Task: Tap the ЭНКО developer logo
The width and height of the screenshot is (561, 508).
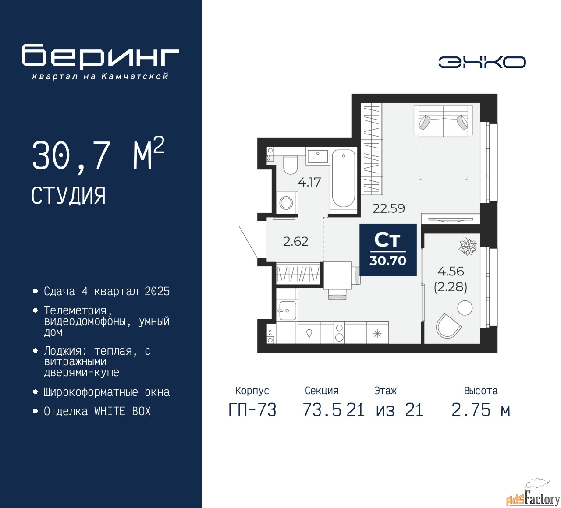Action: (x=482, y=62)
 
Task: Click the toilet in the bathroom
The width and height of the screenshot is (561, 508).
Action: (x=290, y=165)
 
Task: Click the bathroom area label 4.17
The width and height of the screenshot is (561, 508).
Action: (x=309, y=182)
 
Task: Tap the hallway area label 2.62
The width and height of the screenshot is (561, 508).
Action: (x=295, y=241)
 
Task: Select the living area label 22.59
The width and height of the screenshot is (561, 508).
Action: (x=388, y=208)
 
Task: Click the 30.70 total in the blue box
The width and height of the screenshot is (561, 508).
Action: (x=388, y=261)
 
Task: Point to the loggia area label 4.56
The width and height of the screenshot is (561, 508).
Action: (x=451, y=271)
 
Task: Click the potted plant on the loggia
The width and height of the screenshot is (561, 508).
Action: (x=467, y=246)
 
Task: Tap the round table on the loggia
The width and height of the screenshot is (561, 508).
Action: (x=465, y=308)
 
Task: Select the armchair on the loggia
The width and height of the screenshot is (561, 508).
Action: (x=448, y=326)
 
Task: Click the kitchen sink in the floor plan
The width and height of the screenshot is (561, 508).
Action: (x=288, y=310)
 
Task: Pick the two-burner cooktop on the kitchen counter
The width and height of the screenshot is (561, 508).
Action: (x=339, y=332)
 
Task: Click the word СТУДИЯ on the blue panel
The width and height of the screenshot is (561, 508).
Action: (x=68, y=196)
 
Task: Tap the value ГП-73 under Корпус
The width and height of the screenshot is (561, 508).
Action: (x=252, y=410)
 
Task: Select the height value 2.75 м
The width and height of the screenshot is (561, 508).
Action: (x=481, y=410)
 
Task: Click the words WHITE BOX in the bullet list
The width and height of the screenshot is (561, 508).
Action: (x=122, y=411)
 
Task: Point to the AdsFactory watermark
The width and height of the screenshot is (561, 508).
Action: (x=533, y=497)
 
